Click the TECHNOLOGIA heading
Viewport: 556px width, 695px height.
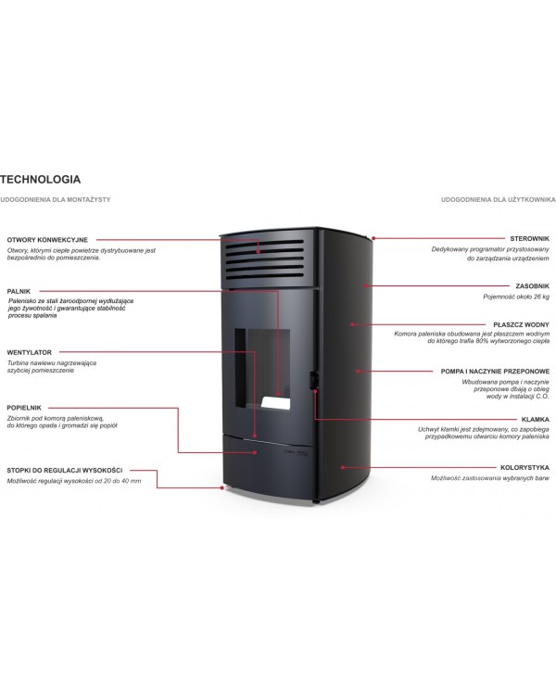coord(41,180)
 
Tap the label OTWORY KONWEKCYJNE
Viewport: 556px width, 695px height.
coord(47,240)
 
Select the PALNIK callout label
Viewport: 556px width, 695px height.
coord(19,291)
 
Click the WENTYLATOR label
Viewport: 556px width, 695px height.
coord(30,352)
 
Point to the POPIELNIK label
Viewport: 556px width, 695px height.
coord(24,408)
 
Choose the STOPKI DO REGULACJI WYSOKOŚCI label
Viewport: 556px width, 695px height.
coord(65,470)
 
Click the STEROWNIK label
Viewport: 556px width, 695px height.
coord(529,238)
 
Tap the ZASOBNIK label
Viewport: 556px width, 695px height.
coord(532,286)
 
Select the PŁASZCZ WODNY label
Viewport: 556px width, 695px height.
coord(521,325)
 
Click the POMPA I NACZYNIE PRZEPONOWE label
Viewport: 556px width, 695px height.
coord(495,372)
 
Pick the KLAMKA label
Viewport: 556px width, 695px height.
coord(536,419)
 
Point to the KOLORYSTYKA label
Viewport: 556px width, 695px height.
coord(524,468)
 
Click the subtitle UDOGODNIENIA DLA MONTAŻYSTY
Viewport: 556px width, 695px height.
coord(56,199)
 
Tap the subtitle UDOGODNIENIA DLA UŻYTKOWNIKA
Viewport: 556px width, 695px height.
coord(498,199)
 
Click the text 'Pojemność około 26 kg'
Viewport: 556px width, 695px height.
coord(516,297)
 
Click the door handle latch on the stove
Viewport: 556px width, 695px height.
coord(314,381)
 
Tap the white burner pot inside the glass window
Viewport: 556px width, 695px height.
coord(276,403)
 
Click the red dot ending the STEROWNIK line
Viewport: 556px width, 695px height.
coord(373,238)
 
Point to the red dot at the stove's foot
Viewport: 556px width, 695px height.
coord(222,487)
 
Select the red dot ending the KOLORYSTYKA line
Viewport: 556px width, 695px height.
coord(343,467)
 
